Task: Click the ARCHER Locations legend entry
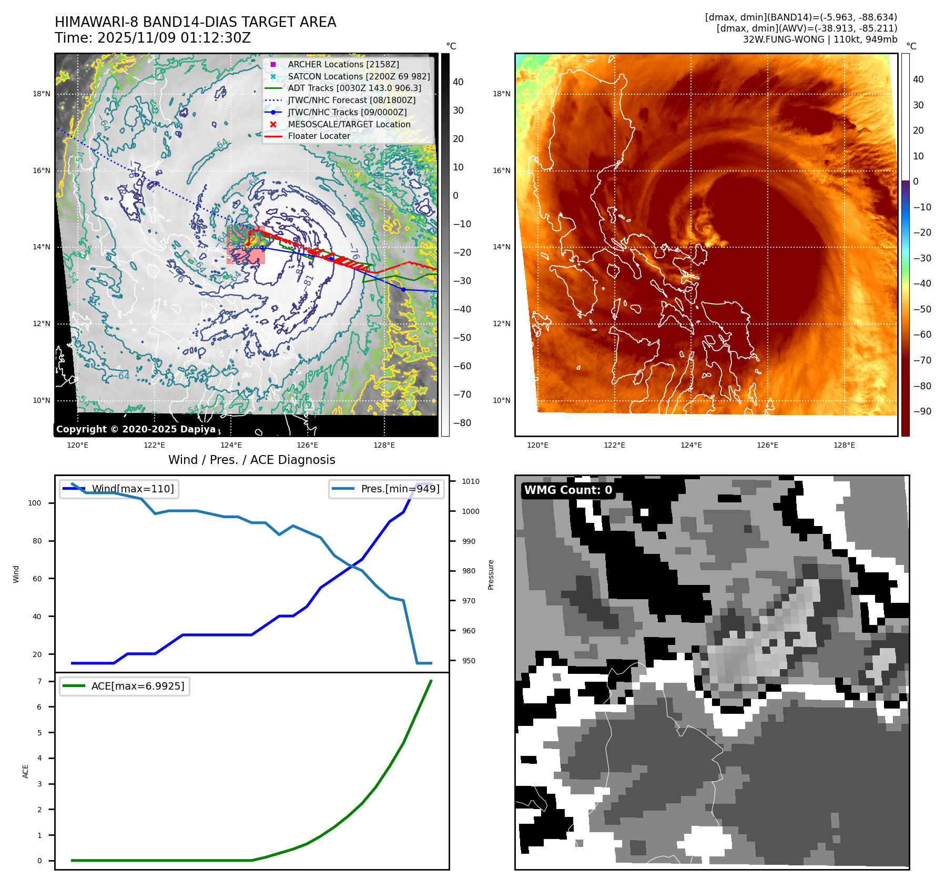[343, 64]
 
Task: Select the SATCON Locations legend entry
[358, 76]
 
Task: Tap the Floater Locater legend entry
[319, 136]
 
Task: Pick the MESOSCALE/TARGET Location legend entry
[349, 124]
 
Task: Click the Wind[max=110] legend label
[133, 489]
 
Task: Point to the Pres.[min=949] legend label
[400, 489]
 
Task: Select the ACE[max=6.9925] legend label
[138, 686]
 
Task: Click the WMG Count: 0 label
[568, 490]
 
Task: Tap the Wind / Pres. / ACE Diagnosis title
[251, 460]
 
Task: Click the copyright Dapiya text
[136, 429]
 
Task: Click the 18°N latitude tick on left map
[42, 94]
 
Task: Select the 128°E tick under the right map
[844, 445]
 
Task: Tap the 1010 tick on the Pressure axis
[470, 481]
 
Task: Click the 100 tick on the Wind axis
[34, 503]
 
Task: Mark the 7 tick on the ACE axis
[39, 681]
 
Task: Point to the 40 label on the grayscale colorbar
[458, 82]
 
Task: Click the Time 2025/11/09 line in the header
[153, 38]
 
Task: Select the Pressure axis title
[491, 574]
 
